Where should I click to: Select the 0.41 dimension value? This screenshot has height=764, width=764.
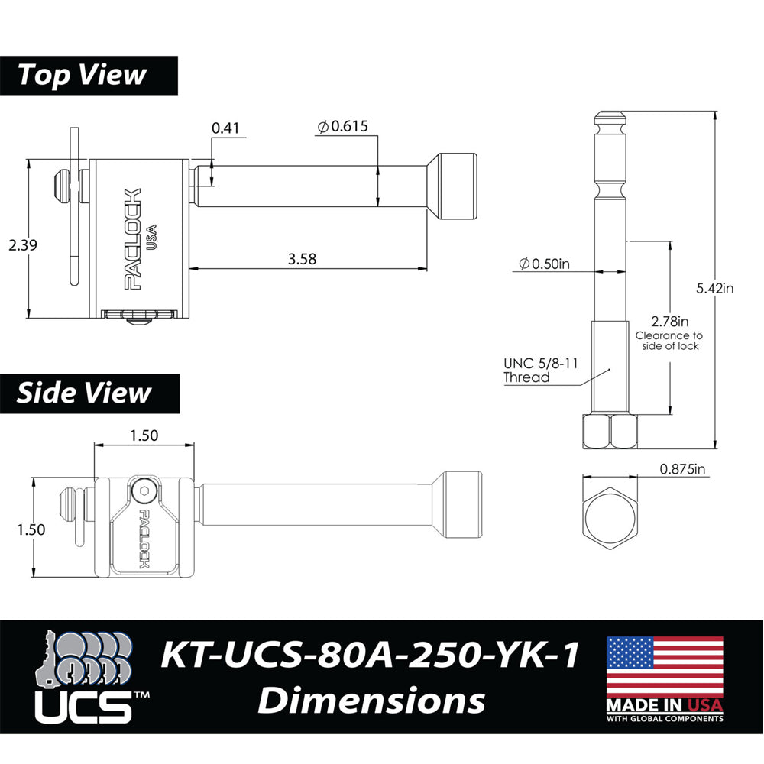pyautogui.click(x=225, y=128)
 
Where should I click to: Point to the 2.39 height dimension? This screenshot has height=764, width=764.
pyautogui.click(x=22, y=245)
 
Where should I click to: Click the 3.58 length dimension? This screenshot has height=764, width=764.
pyautogui.click(x=303, y=259)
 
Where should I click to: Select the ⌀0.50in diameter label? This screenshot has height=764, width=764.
pyautogui.click(x=544, y=264)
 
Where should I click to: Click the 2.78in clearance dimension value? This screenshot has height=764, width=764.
pyautogui.click(x=669, y=322)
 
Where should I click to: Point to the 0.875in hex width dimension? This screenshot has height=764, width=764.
pyautogui.click(x=683, y=471)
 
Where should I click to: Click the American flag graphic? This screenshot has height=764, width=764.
pyautogui.click(x=665, y=665)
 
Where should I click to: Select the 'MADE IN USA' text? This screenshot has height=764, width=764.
pyautogui.click(x=665, y=705)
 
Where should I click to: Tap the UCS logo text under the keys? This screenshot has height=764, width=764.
pyautogui.click(x=84, y=707)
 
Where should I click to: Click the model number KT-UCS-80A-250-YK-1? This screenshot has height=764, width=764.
pyautogui.click(x=370, y=656)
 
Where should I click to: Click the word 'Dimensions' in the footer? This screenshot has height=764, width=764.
pyautogui.click(x=371, y=700)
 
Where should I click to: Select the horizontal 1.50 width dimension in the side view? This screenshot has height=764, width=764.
pyautogui.click(x=144, y=435)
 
